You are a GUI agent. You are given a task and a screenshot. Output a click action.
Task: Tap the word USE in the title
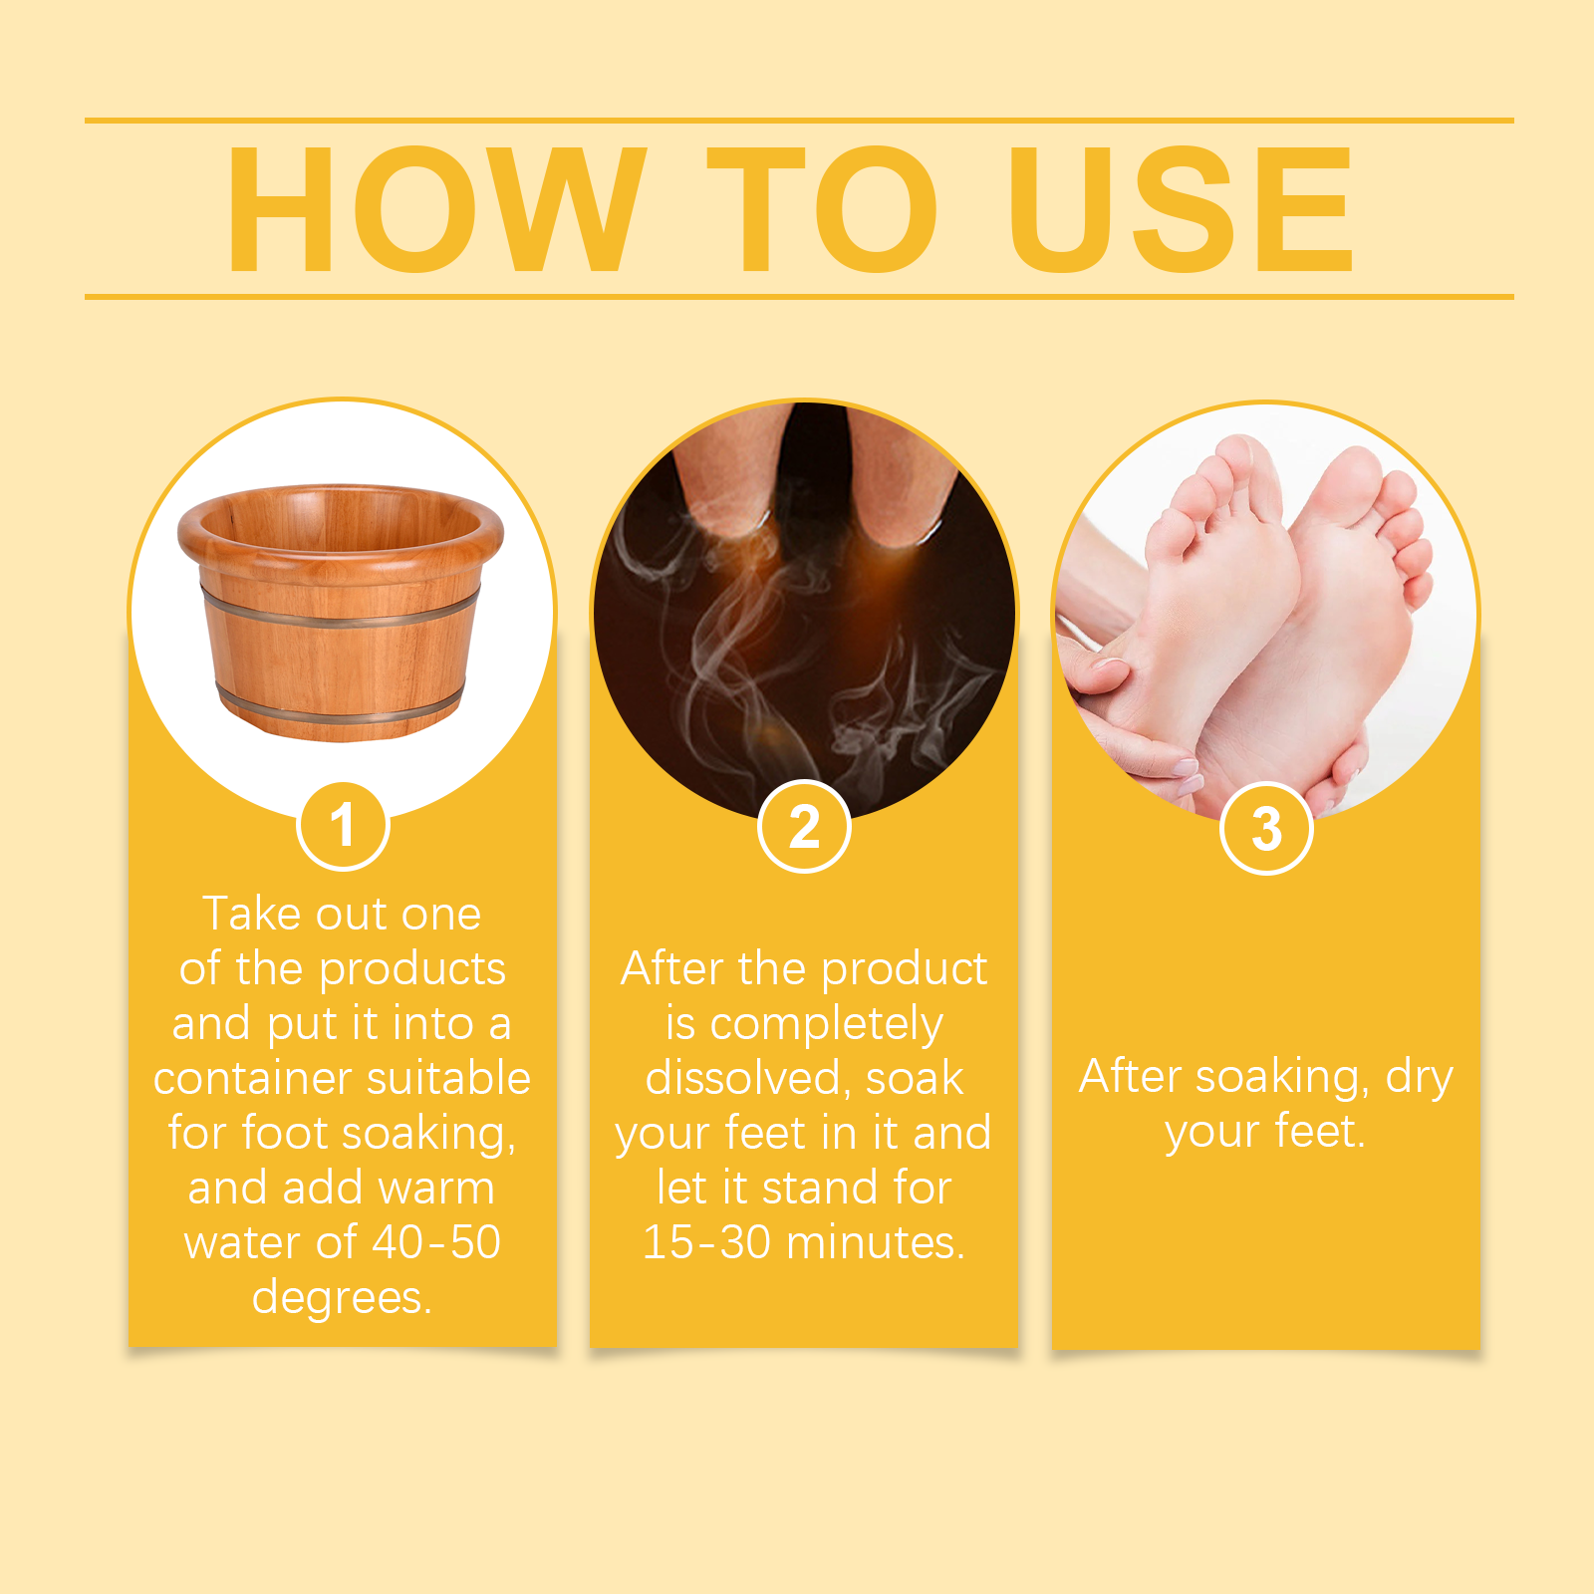click(1182, 209)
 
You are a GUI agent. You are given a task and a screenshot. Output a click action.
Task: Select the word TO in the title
click(823, 209)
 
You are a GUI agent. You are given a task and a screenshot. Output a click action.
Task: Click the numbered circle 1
click(343, 826)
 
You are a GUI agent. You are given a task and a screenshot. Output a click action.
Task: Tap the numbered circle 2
click(804, 827)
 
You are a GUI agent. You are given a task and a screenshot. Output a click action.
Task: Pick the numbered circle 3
click(1266, 829)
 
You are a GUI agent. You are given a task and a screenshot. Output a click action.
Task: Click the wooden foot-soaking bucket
click(341, 612)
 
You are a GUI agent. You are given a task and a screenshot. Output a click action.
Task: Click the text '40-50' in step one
click(436, 1242)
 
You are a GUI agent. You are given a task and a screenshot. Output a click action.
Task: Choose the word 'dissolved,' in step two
click(748, 1078)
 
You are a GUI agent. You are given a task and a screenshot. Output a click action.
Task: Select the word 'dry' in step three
click(1420, 1078)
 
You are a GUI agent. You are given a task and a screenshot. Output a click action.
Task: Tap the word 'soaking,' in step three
click(1282, 1078)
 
